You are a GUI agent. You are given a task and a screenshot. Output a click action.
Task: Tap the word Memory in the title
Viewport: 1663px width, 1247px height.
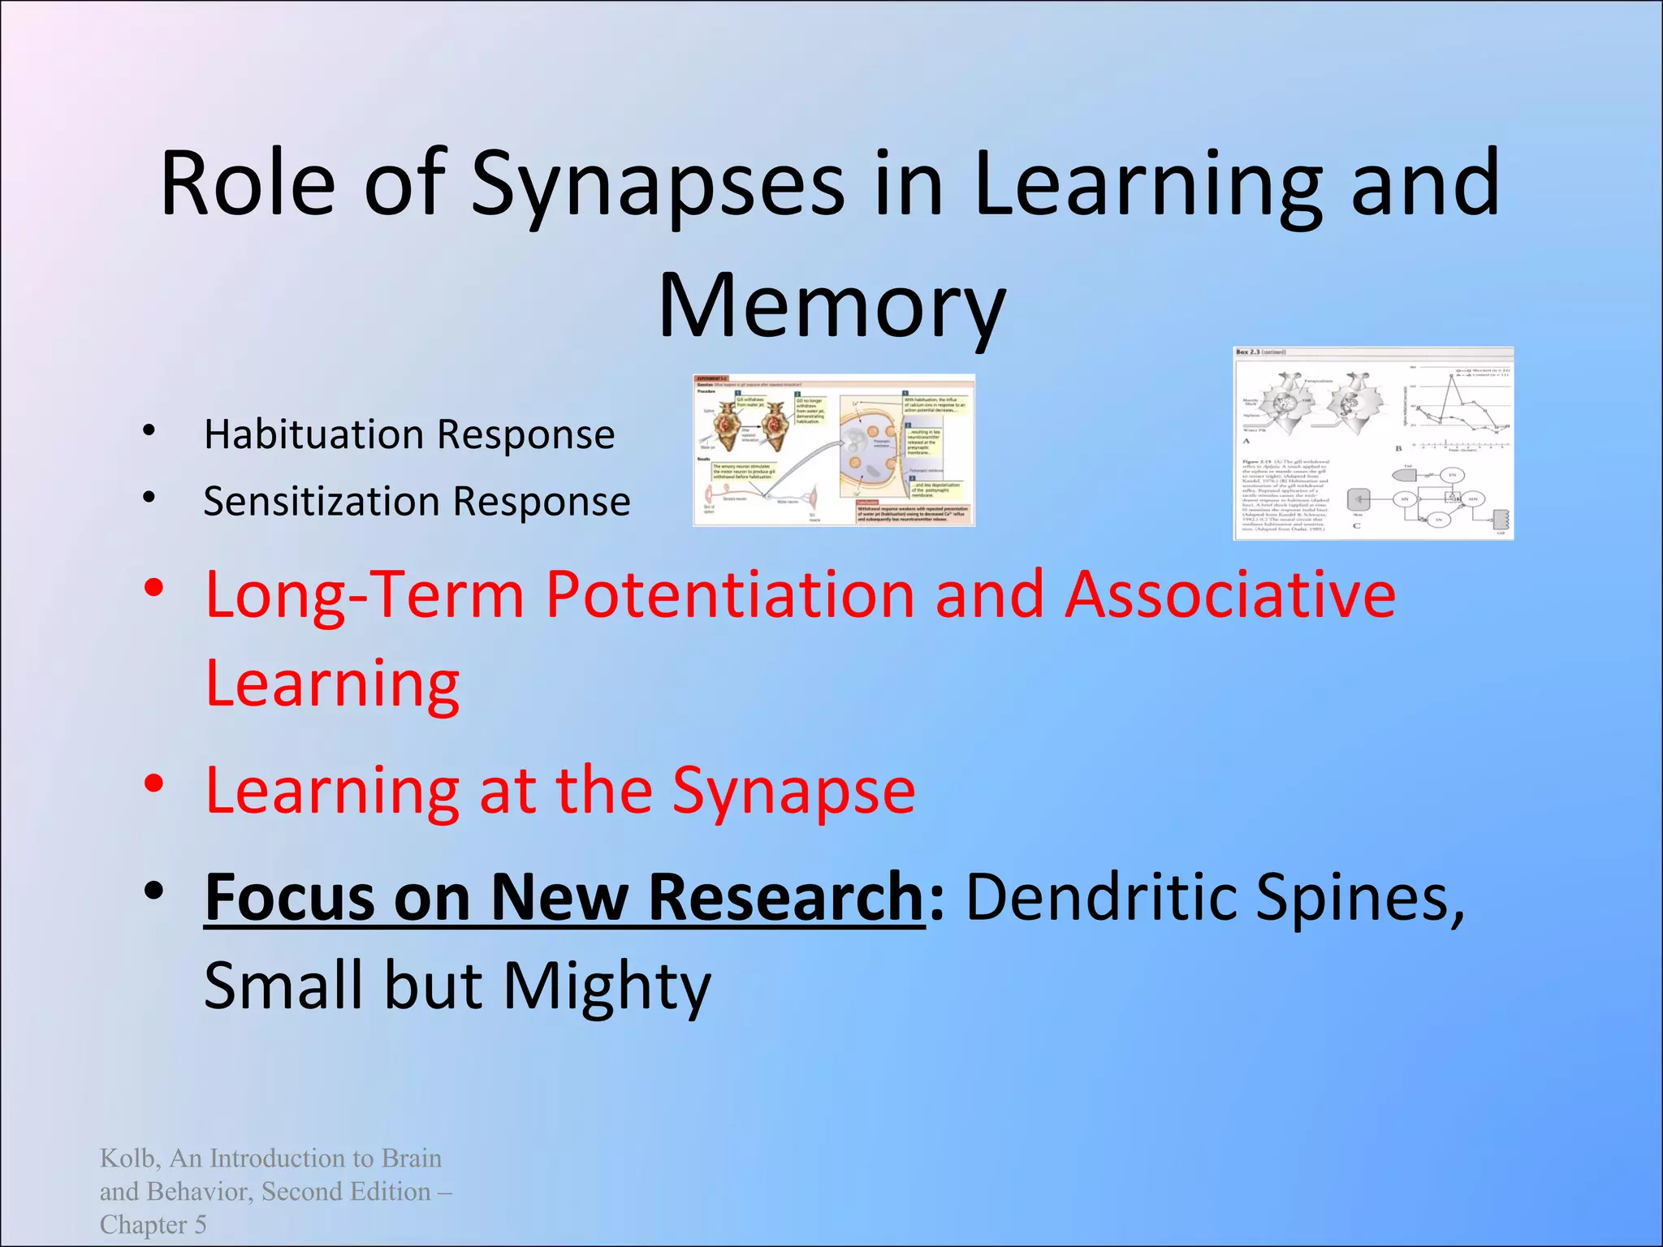coord(831,307)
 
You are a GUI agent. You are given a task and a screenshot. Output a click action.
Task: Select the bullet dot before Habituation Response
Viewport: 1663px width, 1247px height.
coord(149,431)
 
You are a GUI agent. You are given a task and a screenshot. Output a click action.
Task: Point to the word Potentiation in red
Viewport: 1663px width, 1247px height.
coord(729,595)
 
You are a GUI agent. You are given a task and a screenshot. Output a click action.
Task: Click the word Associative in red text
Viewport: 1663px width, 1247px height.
coord(1229,595)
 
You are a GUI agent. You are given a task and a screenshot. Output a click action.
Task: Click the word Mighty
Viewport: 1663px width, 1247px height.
coord(607,986)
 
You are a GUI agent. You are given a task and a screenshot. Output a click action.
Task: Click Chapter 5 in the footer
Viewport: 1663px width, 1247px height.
coord(153,1224)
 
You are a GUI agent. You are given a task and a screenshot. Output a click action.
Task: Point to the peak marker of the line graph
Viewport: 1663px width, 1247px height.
coord(1451,375)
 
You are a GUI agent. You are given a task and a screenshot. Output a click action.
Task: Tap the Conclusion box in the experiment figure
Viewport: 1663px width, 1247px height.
coord(914,512)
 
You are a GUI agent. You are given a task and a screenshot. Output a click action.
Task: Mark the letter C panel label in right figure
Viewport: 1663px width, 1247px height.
coord(1357,525)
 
